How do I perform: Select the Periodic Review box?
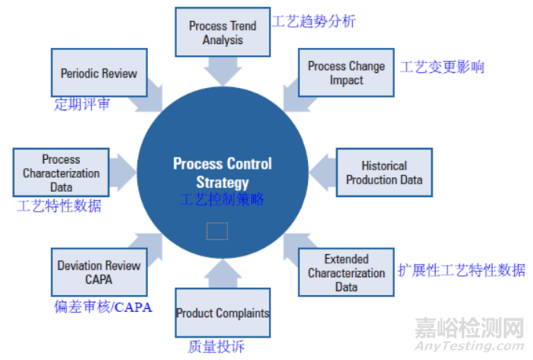tap(99, 74)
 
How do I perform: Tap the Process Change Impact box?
tap(346, 73)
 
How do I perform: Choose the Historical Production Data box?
tap(384, 173)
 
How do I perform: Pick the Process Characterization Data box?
tap(61, 173)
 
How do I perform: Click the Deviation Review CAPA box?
tap(99, 271)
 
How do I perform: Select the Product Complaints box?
tap(223, 313)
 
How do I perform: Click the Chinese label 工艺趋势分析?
tap(314, 21)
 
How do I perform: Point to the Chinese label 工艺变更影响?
tap(442, 67)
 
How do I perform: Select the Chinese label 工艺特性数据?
tap(59, 206)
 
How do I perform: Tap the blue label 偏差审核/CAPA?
tap(103, 307)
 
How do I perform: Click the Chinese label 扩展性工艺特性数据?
tap(461, 271)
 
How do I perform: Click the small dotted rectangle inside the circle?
tap(217, 231)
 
